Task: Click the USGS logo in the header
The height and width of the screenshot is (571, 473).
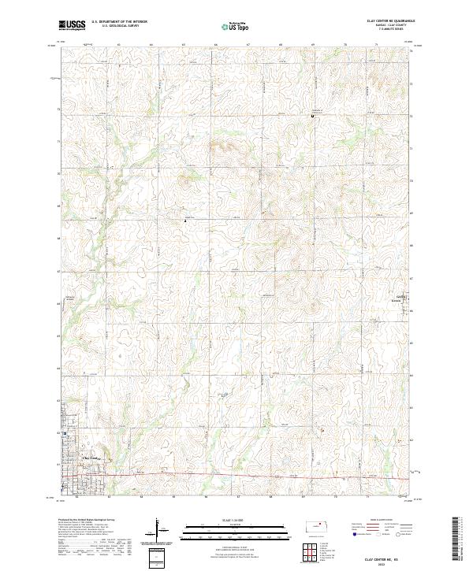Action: coord(73,25)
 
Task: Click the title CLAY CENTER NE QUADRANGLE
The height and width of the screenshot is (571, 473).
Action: coord(391,21)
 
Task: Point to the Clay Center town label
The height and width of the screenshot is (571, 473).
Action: coord(91,458)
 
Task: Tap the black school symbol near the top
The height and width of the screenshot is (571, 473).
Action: coord(313,117)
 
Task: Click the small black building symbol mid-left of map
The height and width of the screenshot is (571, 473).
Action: coord(185,221)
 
